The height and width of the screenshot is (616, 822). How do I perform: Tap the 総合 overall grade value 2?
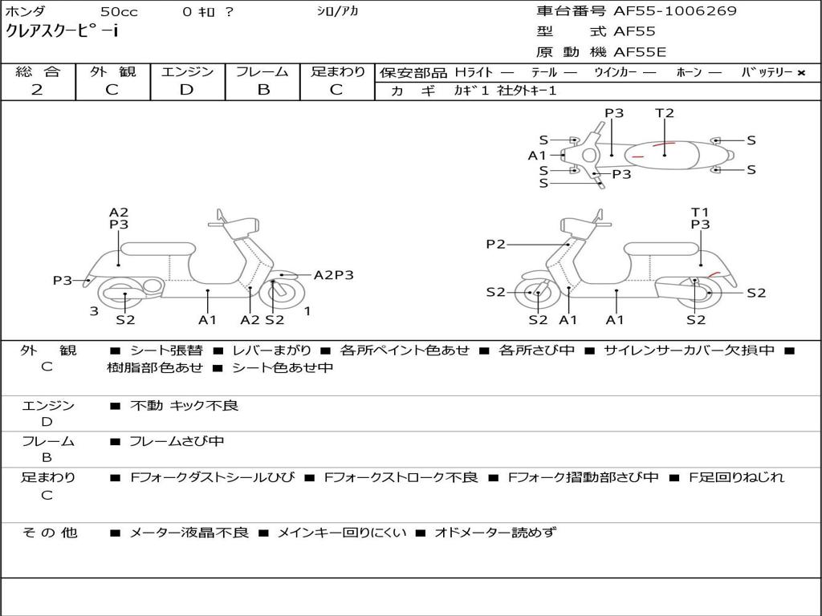click(37, 90)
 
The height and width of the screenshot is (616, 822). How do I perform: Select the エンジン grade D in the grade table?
click(186, 90)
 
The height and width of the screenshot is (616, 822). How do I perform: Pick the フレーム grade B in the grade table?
click(263, 90)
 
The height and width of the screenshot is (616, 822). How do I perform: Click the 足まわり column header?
click(337, 71)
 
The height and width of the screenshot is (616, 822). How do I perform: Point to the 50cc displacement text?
click(119, 12)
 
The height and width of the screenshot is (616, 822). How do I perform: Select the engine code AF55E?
click(640, 53)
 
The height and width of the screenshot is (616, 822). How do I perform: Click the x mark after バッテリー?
click(800, 72)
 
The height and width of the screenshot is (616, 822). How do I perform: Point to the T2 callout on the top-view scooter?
click(665, 113)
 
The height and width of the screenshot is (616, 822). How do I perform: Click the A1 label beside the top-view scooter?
click(537, 156)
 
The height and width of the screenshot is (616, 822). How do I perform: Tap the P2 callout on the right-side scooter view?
click(496, 244)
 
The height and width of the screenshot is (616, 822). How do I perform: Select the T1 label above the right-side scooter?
click(700, 213)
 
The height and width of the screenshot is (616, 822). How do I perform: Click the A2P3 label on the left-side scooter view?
click(333, 275)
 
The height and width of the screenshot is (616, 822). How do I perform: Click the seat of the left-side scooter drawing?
click(157, 249)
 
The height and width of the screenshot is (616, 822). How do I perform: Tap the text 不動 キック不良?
click(184, 406)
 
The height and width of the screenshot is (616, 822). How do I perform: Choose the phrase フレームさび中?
click(177, 441)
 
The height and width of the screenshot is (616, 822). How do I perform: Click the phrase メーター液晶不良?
click(189, 533)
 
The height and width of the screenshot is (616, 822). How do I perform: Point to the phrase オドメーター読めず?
click(494, 533)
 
